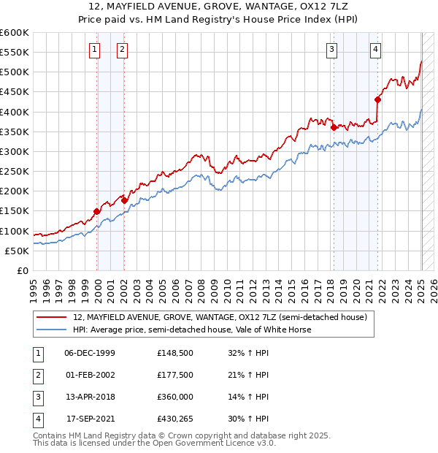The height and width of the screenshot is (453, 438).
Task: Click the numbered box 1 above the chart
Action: (x=95, y=50)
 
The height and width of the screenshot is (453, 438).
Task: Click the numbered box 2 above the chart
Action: (x=121, y=50)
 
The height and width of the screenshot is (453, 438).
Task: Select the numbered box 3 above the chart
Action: (x=331, y=50)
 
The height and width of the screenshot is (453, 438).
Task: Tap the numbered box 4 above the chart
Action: (x=375, y=50)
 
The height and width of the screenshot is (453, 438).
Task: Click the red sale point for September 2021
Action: (x=378, y=99)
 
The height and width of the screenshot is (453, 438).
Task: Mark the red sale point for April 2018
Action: (x=334, y=127)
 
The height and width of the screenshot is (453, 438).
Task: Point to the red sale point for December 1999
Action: (x=97, y=211)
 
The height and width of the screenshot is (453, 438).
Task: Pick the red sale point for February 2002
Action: (x=125, y=199)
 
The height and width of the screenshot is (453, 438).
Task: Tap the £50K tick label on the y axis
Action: (x=17, y=251)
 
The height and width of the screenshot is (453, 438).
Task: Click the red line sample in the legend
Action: (x=51, y=317)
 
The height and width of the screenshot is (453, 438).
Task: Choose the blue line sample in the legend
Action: (x=51, y=330)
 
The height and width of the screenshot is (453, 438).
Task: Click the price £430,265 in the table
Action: (x=176, y=419)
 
